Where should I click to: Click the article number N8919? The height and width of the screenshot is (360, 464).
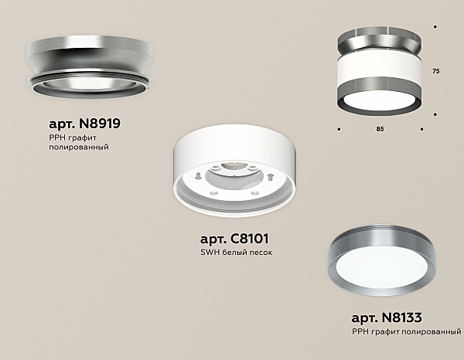(x=100, y=124)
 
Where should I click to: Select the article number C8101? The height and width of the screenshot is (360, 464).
(x=249, y=239)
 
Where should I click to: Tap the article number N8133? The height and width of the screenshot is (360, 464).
(x=401, y=318)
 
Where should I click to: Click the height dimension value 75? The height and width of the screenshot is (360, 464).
(x=436, y=71)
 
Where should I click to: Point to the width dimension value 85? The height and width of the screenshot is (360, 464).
(x=380, y=129)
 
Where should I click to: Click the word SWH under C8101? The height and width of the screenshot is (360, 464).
(x=210, y=253)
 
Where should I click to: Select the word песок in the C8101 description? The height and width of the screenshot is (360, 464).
(x=261, y=253)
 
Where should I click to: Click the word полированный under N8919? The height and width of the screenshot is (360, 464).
(x=79, y=147)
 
